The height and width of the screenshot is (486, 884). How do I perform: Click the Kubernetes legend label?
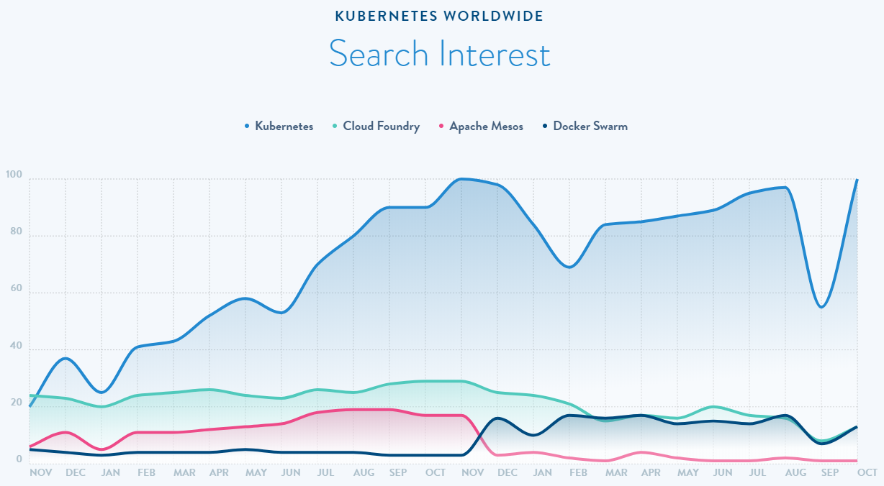[x=284, y=127]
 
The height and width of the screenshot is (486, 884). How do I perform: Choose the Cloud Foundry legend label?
[x=381, y=127]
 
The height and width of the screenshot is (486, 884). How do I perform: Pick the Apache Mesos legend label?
[x=486, y=127]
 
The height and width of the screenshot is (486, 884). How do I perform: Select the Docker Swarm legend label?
[x=590, y=127]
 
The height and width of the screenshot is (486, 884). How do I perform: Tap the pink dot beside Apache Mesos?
[x=441, y=127]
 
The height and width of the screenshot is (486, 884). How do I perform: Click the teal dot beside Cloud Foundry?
[x=335, y=127]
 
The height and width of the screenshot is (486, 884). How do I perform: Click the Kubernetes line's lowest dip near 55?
[x=821, y=307]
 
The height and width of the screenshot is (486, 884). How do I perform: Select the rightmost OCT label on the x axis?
[x=866, y=473]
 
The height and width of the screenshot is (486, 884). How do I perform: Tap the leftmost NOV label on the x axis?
[x=40, y=473]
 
